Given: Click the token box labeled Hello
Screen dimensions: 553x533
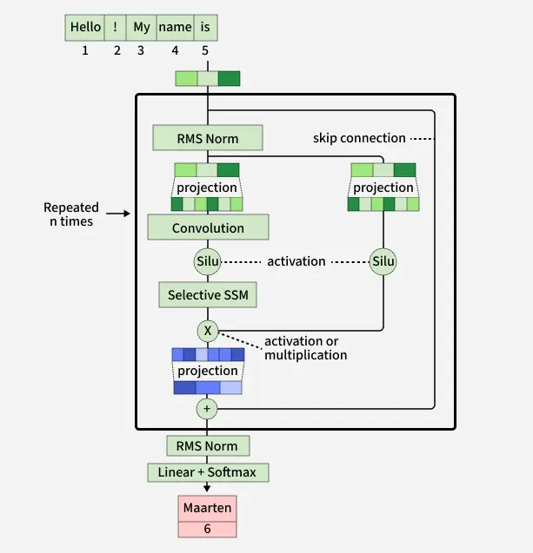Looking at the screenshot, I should click(85, 28).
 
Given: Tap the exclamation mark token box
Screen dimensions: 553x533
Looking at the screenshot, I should click(116, 28).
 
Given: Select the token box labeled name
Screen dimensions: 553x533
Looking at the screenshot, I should click(175, 28).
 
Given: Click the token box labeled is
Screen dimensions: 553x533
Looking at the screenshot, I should click(205, 28).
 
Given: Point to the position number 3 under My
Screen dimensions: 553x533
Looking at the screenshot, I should click(141, 50).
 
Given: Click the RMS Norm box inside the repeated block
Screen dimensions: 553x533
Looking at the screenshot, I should click(207, 138).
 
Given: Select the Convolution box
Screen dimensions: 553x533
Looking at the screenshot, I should click(208, 228).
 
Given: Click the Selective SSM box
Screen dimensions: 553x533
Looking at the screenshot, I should click(208, 295).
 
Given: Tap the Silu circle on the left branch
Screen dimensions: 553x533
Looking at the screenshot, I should click(208, 261).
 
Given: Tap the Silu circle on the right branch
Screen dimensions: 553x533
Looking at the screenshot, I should click(383, 261).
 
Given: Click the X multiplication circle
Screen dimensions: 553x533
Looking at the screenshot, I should click(208, 331).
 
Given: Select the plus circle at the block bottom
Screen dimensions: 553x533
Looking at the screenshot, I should click(208, 408).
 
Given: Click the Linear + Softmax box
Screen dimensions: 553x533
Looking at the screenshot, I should click(208, 473).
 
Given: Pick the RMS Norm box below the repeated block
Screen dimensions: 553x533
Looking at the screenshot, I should click(208, 446).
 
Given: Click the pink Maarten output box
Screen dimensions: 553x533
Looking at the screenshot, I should click(208, 507).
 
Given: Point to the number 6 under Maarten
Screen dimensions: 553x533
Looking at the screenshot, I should click(208, 529).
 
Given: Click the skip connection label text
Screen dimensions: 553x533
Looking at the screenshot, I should click(359, 138).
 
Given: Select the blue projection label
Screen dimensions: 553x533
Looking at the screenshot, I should click(208, 371).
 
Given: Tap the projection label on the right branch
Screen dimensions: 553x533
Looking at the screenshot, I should click(383, 188).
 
